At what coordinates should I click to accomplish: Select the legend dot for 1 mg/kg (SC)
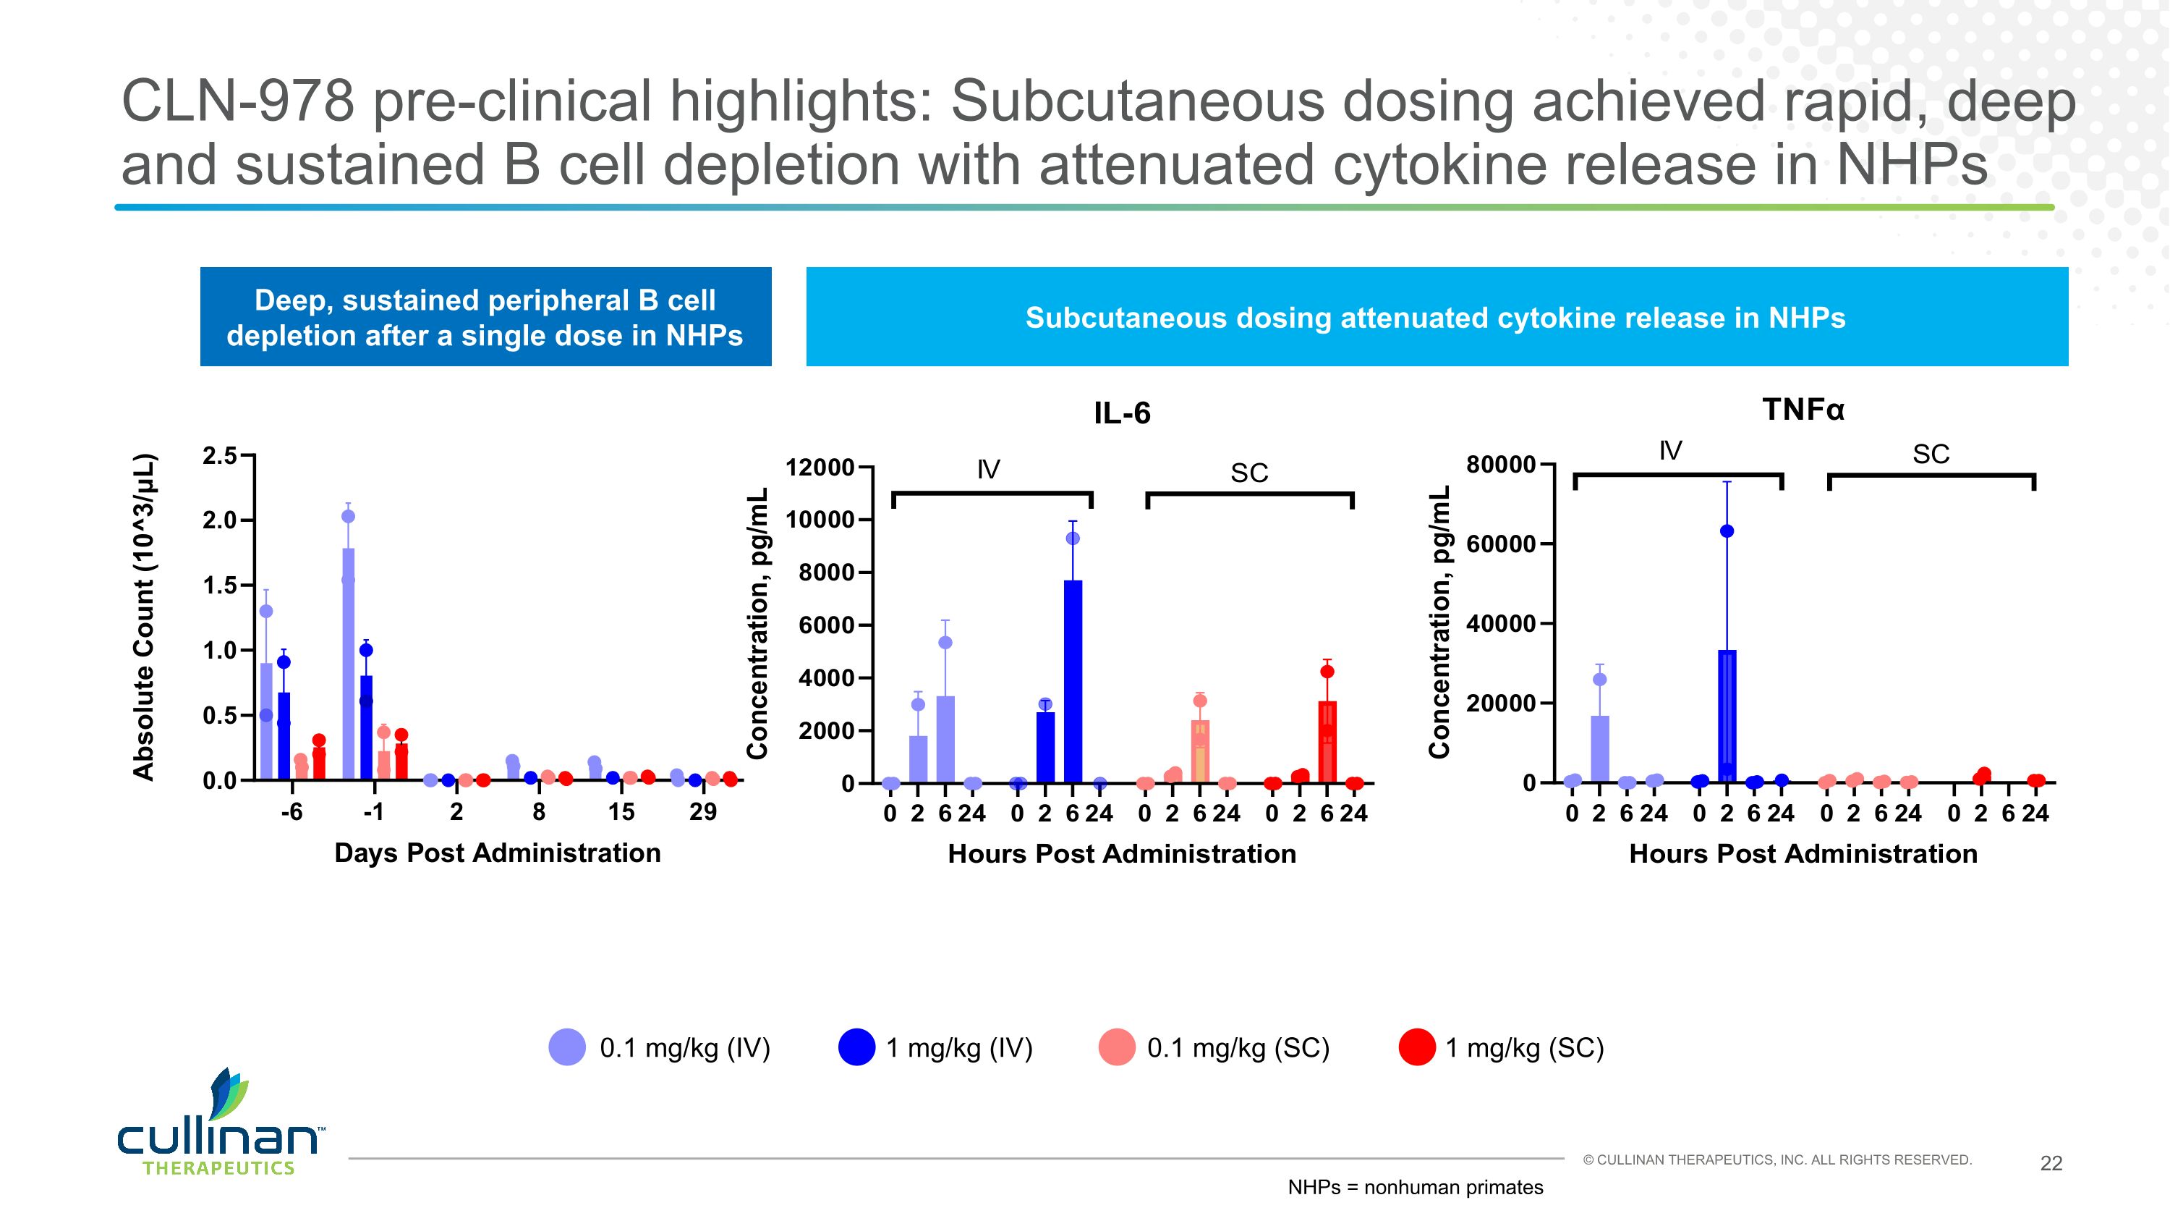(x=1416, y=1047)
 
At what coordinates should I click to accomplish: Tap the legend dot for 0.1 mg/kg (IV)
(x=567, y=1047)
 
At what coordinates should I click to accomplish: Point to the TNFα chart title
(x=1803, y=410)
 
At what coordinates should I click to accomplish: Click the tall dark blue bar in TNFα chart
(x=1727, y=717)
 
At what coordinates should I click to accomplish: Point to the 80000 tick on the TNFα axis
(x=1500, y=465)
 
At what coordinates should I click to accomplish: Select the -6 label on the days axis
(x=292, y=812)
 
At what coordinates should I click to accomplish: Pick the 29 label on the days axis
(x=702, y=812)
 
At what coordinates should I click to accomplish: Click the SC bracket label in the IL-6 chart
(x=1248, y=473)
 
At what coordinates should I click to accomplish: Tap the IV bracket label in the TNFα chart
(x=1669, y=452)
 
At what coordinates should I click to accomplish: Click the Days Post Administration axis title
(x=497, y=853)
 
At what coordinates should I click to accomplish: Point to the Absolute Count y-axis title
(x=144, y=617)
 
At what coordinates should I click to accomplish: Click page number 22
(x=2051, y=1164)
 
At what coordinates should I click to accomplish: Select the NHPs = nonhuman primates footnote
(x=1416, y=1187)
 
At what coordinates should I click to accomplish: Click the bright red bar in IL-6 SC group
(x=1327, y=742)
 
